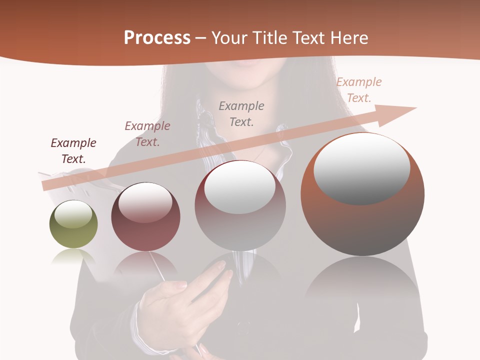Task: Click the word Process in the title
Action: point(157,38)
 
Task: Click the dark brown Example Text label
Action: point(73,151)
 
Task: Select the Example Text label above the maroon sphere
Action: point(147,134)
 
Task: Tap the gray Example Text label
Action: point(241,113)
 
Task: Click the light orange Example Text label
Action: point(359,89)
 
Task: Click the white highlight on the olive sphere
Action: point(73,214)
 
